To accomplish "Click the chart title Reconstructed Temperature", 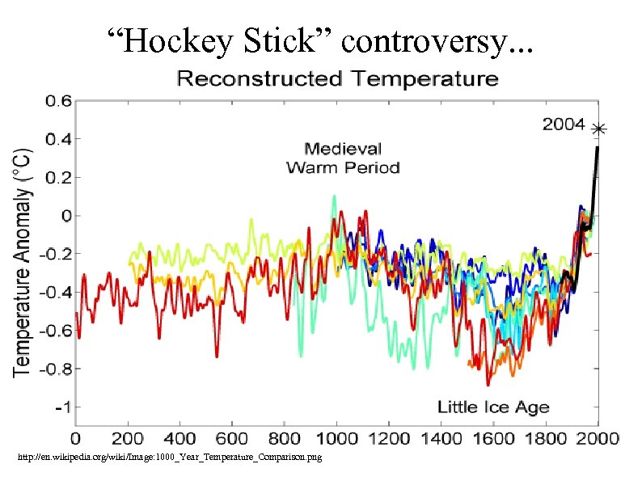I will [337, 79].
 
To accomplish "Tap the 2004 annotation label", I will [564, 125].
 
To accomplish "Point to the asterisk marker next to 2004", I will [598, 129].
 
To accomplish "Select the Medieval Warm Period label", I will [343, 158].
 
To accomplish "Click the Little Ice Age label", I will [493, 407].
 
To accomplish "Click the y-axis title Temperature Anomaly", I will [23, 260].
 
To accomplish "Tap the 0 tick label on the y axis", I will [66, 216].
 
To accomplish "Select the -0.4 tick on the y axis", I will [53, 292].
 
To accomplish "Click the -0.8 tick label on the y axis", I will [53, 368].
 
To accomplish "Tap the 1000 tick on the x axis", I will [337, 439].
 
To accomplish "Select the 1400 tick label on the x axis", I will [441, 439].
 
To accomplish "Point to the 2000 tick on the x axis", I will [597, 439].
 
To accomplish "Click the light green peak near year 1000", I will [333, 196].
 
